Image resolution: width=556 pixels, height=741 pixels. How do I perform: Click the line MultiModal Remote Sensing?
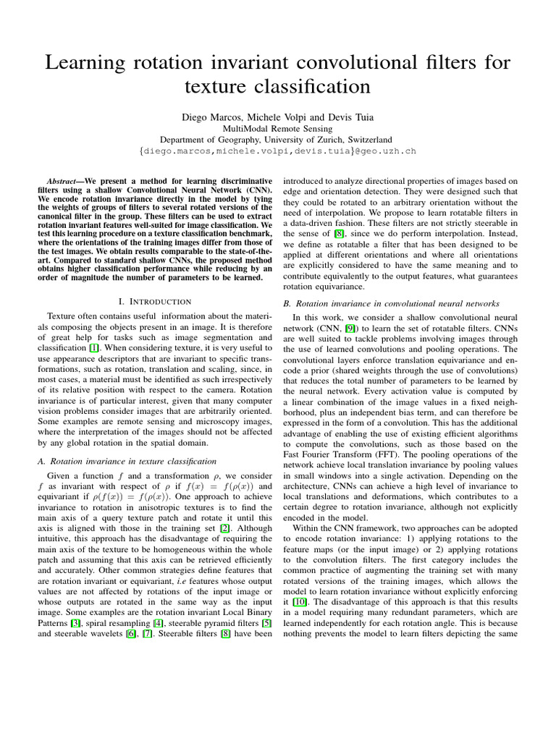click(277, 128)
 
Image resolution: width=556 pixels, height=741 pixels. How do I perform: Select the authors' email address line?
click(277, 152)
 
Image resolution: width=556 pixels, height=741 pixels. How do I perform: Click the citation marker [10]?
click(298, 603)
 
